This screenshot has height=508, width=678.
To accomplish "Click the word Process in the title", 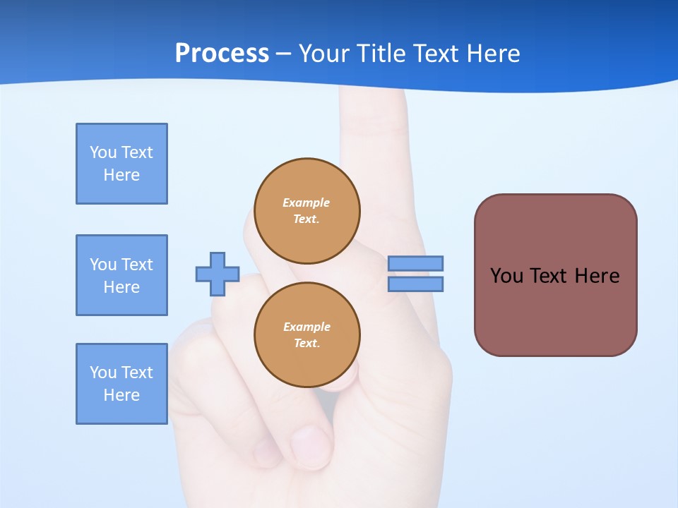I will coord(222,54).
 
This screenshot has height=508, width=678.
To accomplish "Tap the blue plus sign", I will coord(218,274).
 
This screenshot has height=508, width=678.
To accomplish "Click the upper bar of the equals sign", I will coord(415,263).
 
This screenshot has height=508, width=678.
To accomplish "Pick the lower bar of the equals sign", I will coord(415,284).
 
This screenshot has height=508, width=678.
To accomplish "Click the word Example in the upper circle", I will coord(307,202).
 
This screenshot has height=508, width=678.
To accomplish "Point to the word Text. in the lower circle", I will coord(307,344).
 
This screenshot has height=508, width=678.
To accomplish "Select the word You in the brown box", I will coord(506,276).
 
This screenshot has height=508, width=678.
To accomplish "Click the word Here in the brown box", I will coord(597,276).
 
